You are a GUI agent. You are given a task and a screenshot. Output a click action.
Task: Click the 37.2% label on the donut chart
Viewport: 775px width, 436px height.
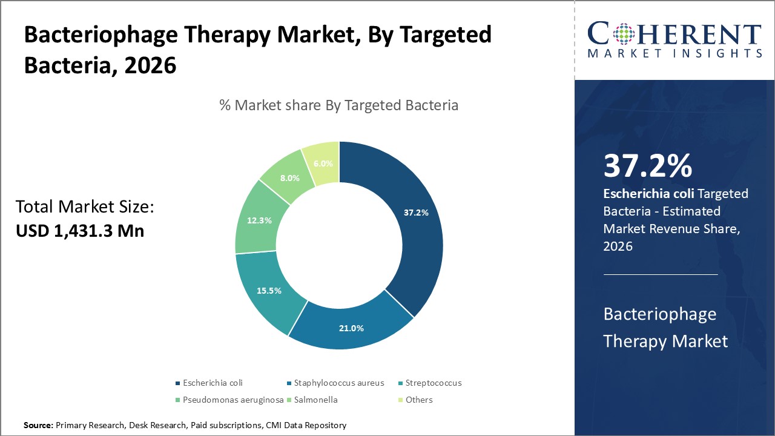(x=416, y=213)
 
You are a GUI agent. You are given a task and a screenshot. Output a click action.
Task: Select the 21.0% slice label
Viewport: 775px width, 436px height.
(x=351, y=328)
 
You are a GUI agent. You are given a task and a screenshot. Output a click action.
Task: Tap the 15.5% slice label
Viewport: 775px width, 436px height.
(x=269, y=291)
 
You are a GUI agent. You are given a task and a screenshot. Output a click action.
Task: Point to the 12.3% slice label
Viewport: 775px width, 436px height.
(x=259, y=220)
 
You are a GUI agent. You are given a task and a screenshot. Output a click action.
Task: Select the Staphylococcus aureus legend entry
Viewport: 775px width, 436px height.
(x=338, y=383)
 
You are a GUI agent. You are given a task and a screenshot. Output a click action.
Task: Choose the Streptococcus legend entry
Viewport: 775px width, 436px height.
(x=433, y=383)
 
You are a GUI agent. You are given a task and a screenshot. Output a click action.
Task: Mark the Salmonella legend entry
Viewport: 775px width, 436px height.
(x=315, y=400)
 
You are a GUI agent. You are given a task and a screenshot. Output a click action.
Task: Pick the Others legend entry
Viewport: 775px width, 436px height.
(x=419, y=400)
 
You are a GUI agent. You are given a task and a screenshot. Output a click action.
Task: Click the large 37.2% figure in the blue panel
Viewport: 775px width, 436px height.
(x=647, y=167)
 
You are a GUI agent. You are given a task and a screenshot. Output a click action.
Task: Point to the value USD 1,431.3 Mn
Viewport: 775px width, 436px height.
(x=80, y=230)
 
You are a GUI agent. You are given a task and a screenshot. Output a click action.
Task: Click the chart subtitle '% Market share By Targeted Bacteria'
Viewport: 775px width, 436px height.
(x=338, y=105)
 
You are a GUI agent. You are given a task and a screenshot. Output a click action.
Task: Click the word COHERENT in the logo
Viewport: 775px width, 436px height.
(x=674, y=34)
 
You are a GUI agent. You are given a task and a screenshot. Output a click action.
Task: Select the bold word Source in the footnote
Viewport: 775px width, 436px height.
(x=38, y=425)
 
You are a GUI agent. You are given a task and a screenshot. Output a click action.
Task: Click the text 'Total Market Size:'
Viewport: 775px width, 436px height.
(x=85, y=208)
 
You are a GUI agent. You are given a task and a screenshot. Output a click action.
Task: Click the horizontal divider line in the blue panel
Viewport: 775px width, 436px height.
(x=661, y=274)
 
